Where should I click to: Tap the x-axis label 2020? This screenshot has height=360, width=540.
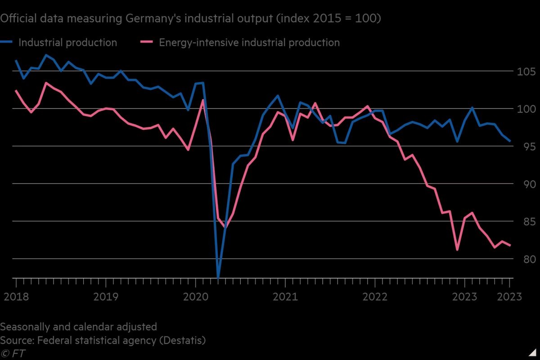[195, 297]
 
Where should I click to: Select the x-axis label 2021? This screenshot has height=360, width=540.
[285, 297]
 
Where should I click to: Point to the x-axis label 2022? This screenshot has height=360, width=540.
[375, 297]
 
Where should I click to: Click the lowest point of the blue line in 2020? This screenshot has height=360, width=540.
[218, 278]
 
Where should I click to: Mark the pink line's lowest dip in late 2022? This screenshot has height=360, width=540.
[457, 250]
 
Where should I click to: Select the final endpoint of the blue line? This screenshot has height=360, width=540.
[510, 141]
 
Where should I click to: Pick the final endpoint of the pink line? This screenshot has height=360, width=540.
[510, 245]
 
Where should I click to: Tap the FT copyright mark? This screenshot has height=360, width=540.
[13, 353]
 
